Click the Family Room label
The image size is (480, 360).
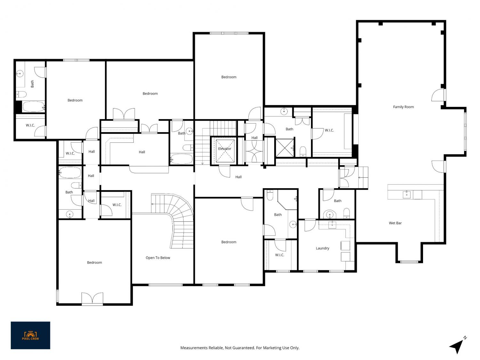click(x=403, y=107)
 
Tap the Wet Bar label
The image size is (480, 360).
click(x=395, y=223)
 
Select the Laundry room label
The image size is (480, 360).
click(x=322, y=248)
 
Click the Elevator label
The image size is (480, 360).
click(x=225, y=148)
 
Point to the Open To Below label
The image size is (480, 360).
click(x=158, y=258)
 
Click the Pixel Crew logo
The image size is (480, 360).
click(x=30, y=335)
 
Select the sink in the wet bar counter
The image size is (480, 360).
click(x=406, y=194)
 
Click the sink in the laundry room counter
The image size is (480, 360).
click(x=332, y=225)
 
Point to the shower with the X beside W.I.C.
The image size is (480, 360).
click(x=285, y=148)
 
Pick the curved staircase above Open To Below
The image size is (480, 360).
click(x=175, y=219)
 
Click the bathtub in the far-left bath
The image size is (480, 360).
click(x=34, y=107)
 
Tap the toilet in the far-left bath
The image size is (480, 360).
click(x=21, y=94)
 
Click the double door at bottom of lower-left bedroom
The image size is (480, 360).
click(x=92, y=298)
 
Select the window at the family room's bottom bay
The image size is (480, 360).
click(x=409, y=262)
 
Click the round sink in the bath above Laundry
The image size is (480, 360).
click(x=330, y=215)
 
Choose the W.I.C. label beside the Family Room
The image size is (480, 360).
click(x=329, y=130)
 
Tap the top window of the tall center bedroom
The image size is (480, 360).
click(x=229, y=33)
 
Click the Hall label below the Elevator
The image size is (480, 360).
click(x=238, y=177)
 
